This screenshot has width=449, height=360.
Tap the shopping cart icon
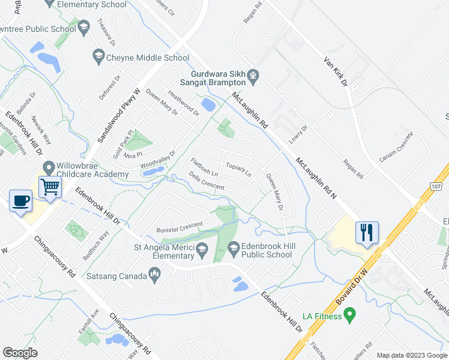tap(50, 186)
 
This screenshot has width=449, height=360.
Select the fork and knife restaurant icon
tap(367, 231)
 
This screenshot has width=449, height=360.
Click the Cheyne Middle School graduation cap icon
tap(97, 58)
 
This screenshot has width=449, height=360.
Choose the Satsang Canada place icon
tap(155, 275)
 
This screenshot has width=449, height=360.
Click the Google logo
tap(20, 353)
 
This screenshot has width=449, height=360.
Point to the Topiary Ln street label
tap(238, 169)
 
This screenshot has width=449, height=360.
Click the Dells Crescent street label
tap(206, 182)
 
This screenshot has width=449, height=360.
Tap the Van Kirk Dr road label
tap(336, 71)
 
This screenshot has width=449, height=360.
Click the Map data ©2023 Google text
tap(412, 355)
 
